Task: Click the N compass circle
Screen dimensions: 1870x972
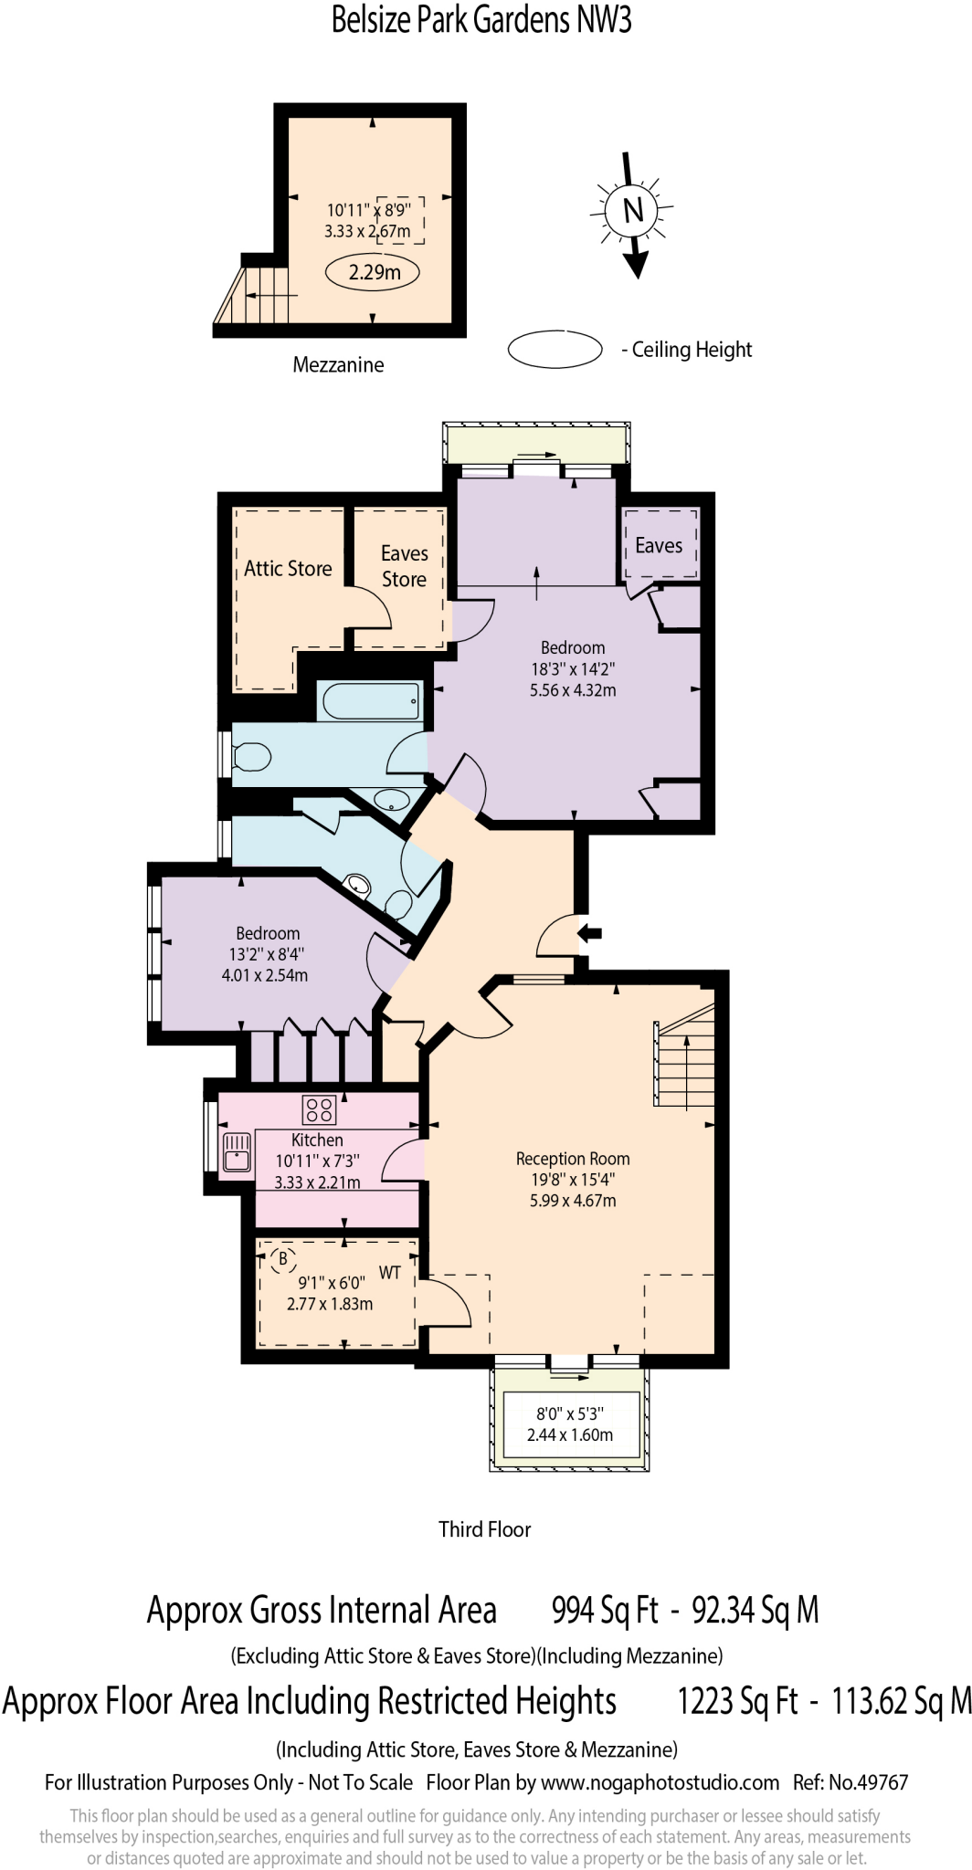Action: click(x=633, y=210)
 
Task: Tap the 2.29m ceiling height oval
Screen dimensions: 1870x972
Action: click(x=375, y=272)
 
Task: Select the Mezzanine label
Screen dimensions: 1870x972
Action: click(x=338, y=365)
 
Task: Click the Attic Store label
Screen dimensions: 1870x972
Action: click(x=288, y=569)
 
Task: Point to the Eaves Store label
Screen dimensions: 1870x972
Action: click(x=404, y=566)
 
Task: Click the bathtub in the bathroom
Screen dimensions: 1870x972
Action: click(x=371, y=701)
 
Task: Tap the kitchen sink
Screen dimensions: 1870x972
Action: click(x=237, y=1152)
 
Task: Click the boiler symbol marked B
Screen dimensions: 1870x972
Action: click(x=282, y=1259)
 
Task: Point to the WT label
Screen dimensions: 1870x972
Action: click(x=390, y=1273)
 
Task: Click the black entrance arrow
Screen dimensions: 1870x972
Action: click(x=591, y=932)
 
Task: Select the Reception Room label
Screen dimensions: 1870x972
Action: click(x=573, y=1159)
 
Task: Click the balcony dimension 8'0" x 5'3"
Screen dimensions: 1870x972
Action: click(x=570, y=1413)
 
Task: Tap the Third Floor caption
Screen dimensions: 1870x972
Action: click(x=484, y=1529)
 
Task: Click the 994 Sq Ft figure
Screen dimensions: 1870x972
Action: click(x=605, y=1611)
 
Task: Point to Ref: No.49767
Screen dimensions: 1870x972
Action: click(x=850, y=1782)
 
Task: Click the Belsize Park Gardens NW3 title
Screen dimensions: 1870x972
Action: click(x=481, y=20)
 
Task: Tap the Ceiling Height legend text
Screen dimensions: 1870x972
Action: click(x=692, y=350)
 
